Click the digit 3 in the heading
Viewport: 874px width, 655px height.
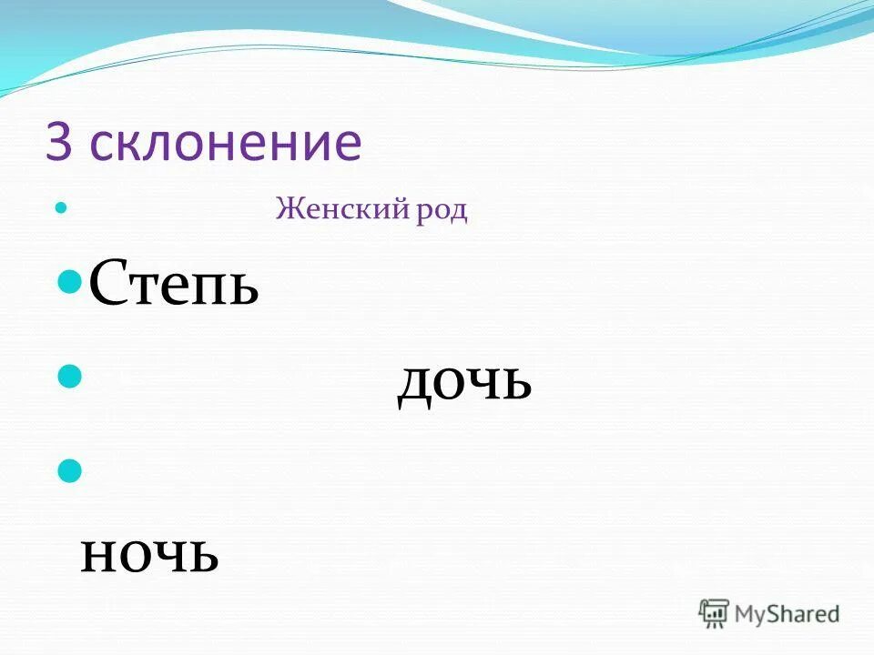(58, 143)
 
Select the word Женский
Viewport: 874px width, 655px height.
(331, 210)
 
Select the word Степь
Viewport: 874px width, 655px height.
(173, 284)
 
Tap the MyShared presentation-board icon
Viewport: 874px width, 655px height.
(715, 613)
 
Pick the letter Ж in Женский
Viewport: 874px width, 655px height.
(289, 210)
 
